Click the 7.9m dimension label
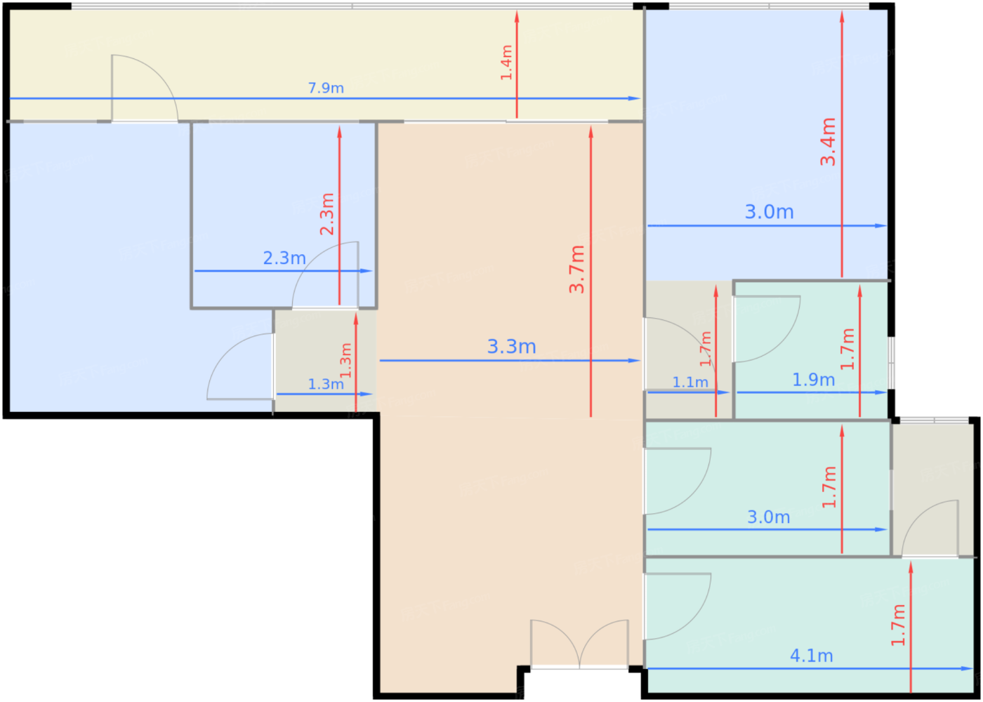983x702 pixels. [x=326, y=88]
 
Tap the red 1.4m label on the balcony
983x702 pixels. [x=506, y=62]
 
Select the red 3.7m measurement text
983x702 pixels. [x=576, y=270]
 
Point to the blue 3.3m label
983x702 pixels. [x=512, y=347]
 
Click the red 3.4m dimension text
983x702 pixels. [x=828, y=142]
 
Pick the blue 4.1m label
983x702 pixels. [x=812, y=656]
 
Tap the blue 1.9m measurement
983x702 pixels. [x=813, y=380]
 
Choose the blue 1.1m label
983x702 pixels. [x=690, y=382]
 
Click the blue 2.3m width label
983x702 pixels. [x=284, y=258]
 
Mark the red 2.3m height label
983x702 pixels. [x=327, y=214]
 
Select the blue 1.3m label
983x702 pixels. [x=326, y=385]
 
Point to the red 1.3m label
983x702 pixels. [x=345, y=360]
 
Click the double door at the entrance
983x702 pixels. [x=580, y=644]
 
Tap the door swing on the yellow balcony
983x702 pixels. [x=145, y=88]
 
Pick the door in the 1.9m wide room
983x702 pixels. [x=767, y=329]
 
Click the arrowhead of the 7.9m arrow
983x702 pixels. [x=635, y=99]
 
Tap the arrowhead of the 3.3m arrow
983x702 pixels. [x=635, y=361]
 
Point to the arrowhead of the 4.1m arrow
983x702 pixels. [x=968, y=668]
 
